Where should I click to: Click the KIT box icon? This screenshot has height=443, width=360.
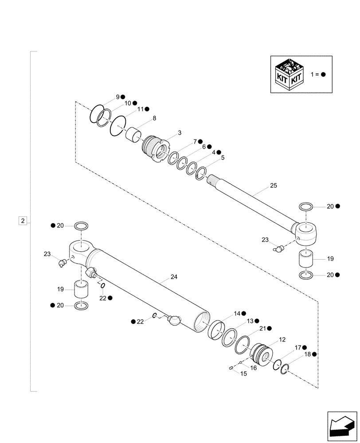(290, 74)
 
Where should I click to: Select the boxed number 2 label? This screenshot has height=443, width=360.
(23, 220)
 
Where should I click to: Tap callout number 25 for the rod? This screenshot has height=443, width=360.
(273, 186)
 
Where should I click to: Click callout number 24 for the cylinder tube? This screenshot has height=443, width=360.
(174, 277)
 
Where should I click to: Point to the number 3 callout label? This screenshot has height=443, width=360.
(180, 132)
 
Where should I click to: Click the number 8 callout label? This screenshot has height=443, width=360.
(154, 118)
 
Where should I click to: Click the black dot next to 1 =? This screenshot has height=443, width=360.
(323, 74)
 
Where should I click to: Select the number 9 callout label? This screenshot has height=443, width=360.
(117, 97)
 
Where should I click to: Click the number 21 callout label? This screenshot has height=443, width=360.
(262, 328)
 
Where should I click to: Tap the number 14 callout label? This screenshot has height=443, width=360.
(237, 313)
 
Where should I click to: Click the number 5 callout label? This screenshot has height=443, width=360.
(223, 157)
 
